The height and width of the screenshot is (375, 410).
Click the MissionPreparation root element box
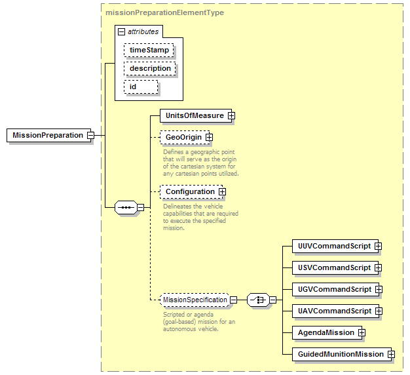point(48,135)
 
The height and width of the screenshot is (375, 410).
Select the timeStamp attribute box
point(149,50)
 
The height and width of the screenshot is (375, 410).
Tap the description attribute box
point(150,68)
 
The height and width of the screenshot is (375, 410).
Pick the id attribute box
point(141,87)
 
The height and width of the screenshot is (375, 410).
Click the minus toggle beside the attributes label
point(121,32)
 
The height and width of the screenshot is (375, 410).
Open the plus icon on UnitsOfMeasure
point(231,115)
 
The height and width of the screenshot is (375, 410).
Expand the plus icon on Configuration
point(222,192)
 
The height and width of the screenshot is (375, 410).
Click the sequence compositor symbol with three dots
point(126,208)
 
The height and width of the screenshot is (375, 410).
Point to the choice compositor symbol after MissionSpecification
point(258,300)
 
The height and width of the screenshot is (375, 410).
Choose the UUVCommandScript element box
point(335,246)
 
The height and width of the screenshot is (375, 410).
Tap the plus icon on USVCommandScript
point(378,267)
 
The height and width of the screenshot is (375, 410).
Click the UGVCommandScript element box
point(335,289)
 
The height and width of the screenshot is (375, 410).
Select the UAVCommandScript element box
point(335,311)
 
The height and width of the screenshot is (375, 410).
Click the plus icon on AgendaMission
point(362,332)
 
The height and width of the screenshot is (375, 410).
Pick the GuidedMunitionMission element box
point(342,354)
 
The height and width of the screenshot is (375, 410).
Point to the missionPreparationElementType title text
point(165,12)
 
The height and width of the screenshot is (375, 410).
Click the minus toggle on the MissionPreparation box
point(90,135)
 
